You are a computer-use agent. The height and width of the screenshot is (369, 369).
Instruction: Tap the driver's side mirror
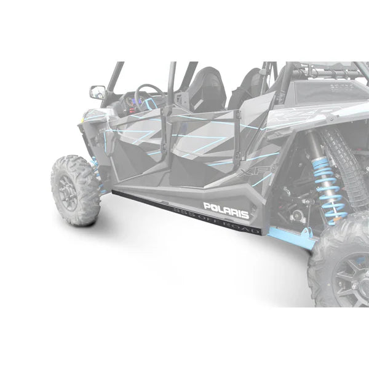point(97,92)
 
